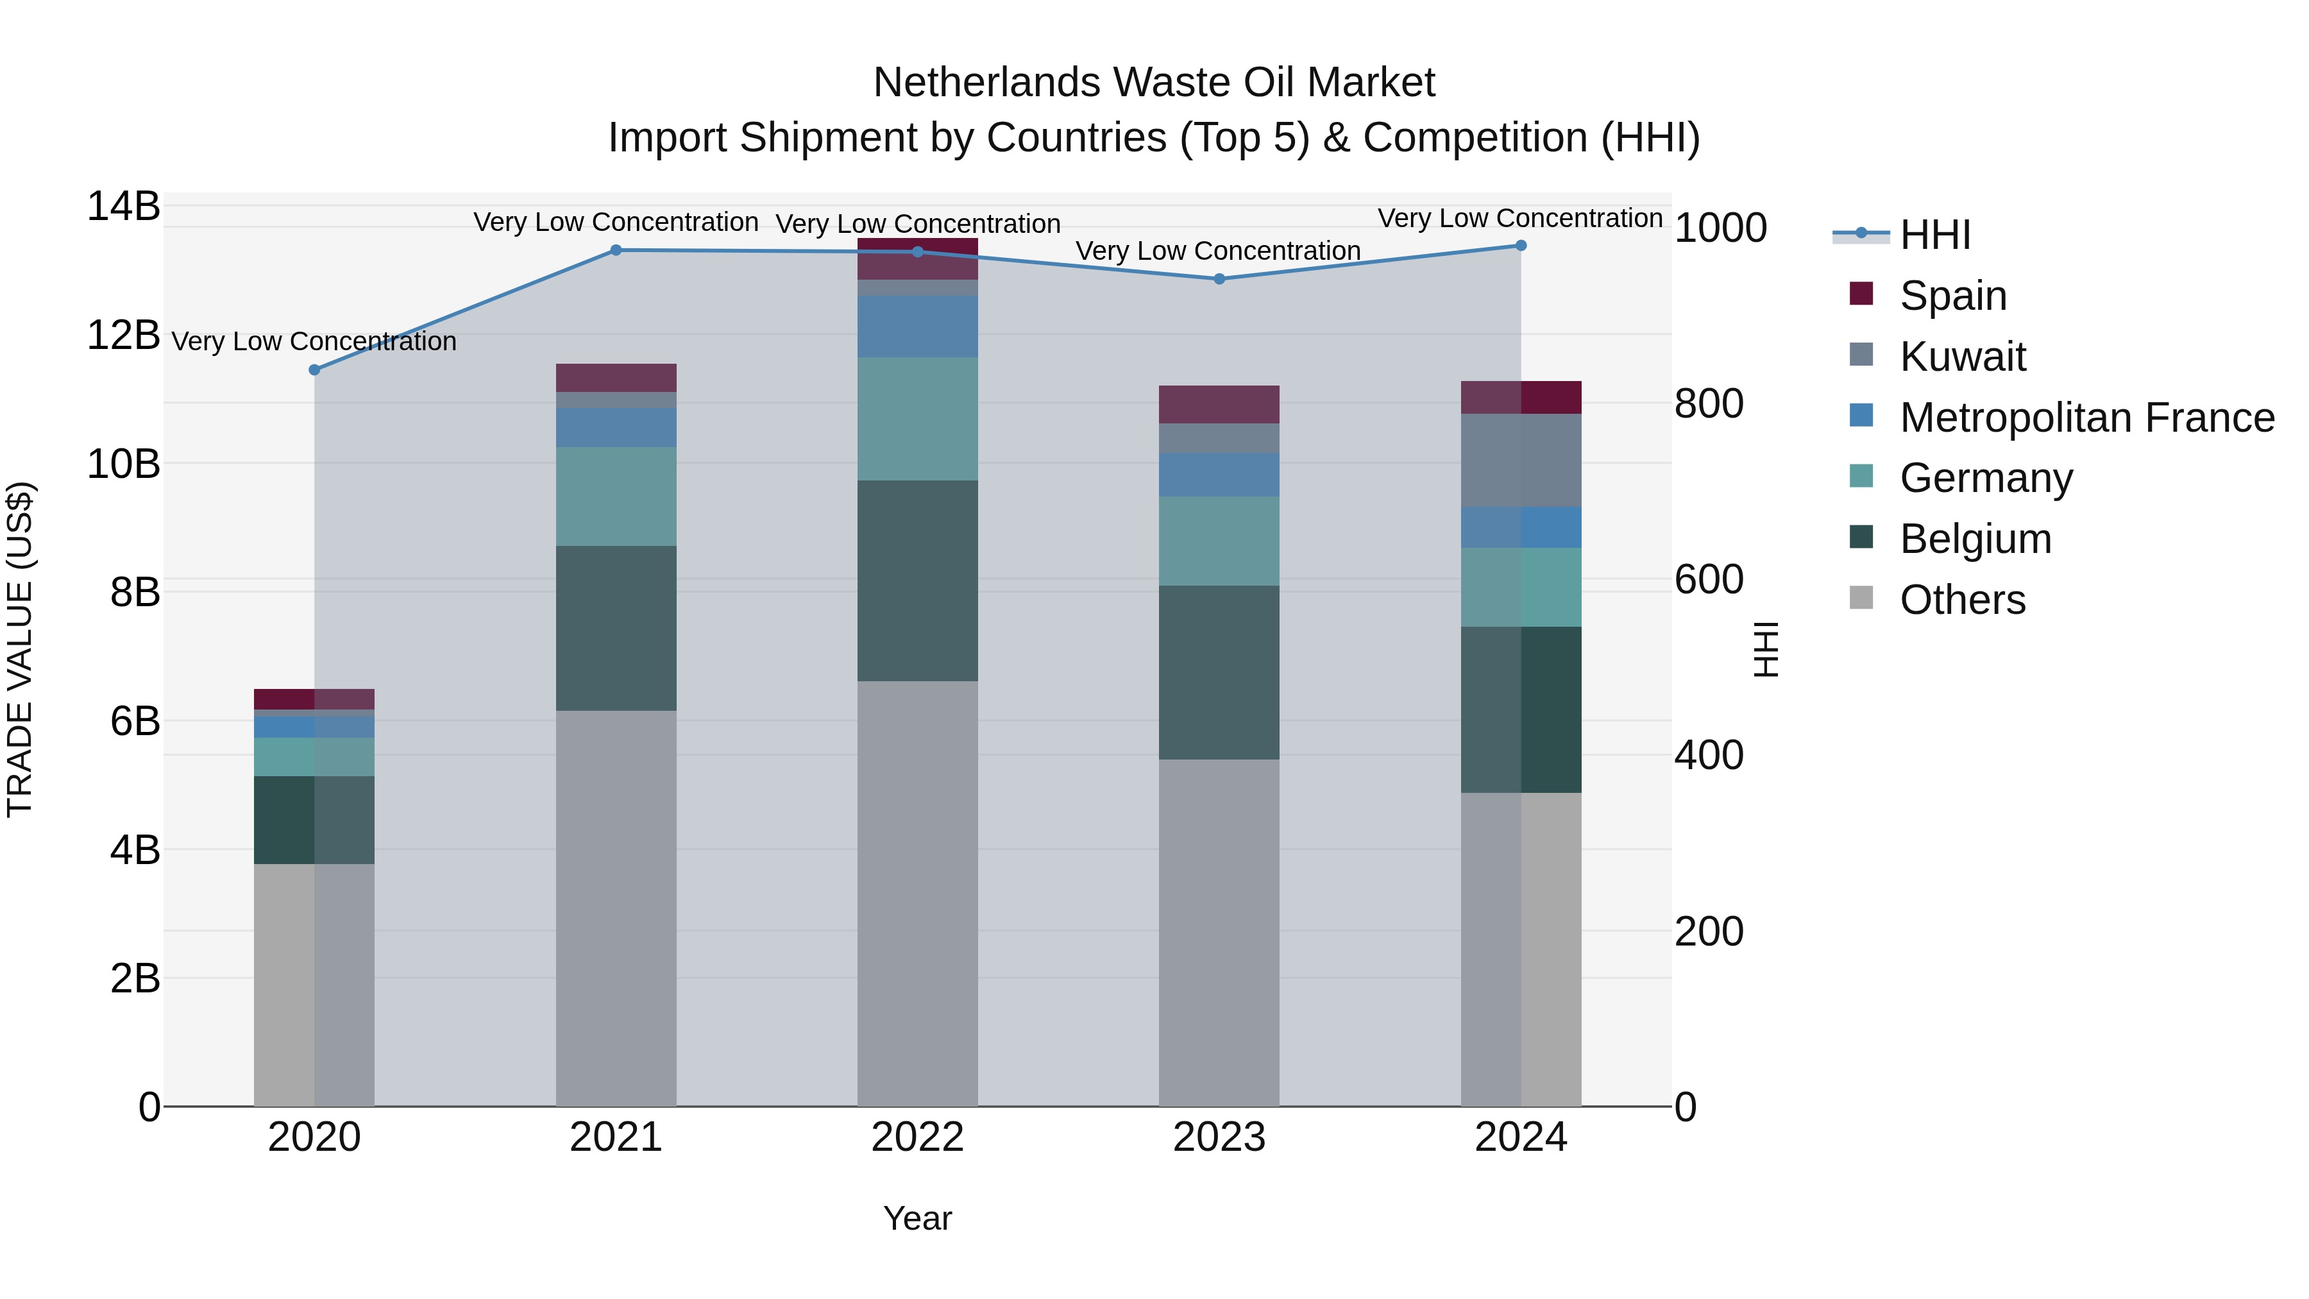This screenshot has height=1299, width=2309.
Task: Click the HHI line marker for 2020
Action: point(314,369)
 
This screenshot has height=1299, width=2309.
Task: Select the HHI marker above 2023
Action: point(1219,279)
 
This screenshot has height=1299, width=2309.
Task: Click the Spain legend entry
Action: point(1952,296)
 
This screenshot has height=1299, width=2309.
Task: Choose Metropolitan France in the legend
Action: point(2086,418)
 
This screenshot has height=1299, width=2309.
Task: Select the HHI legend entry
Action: point(1934,235)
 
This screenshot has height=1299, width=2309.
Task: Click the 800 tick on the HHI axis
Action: point(1709,403)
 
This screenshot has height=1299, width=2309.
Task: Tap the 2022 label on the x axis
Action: point(917,1137)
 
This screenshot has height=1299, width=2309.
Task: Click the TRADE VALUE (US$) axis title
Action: point(20,649)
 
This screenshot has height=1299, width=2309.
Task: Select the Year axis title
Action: point(917,1218)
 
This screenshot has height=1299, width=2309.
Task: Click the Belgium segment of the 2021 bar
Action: point(616,627)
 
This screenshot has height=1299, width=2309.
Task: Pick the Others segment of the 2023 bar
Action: point(1219,932)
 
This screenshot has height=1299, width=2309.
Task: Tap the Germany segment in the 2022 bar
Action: point(917,419)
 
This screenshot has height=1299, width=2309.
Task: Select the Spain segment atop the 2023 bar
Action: point(1219,404)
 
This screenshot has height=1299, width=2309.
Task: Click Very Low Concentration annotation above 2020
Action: point(314,341)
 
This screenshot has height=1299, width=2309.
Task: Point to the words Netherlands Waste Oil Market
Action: point(1154,83)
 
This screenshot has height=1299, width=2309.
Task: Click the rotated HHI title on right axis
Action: point(1765,649)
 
